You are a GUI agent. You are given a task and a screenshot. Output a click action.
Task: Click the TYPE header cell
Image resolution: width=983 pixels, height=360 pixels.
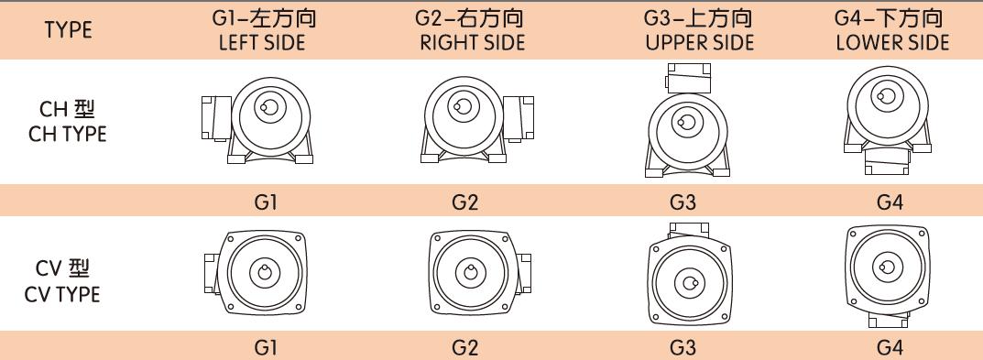69,30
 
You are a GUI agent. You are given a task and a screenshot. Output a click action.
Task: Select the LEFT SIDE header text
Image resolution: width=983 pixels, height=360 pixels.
262,43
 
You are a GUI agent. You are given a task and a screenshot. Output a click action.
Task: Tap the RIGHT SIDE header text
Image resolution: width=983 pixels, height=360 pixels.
473,43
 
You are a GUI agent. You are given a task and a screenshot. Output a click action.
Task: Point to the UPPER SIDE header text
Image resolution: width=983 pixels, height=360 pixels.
686,43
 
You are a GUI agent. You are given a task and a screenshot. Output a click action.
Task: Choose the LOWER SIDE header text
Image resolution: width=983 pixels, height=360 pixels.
891,43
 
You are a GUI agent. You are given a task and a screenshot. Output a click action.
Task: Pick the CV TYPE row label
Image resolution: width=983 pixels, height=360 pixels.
69,282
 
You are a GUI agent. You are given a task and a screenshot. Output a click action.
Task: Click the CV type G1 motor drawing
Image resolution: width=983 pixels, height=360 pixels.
262,273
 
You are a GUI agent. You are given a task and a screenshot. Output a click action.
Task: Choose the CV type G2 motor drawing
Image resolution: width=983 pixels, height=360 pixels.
473,273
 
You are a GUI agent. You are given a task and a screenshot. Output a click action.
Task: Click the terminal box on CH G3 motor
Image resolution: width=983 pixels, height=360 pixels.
687,74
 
